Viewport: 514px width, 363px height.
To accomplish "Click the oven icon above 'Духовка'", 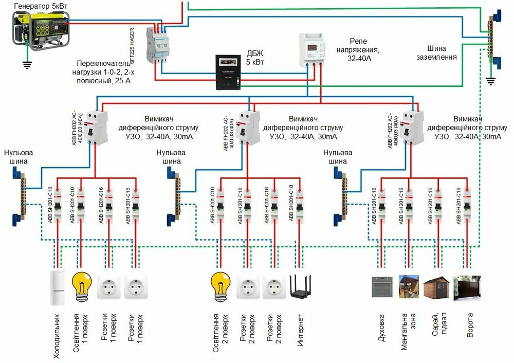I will coord(382,287).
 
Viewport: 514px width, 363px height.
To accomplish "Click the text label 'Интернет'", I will coord(301,329).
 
